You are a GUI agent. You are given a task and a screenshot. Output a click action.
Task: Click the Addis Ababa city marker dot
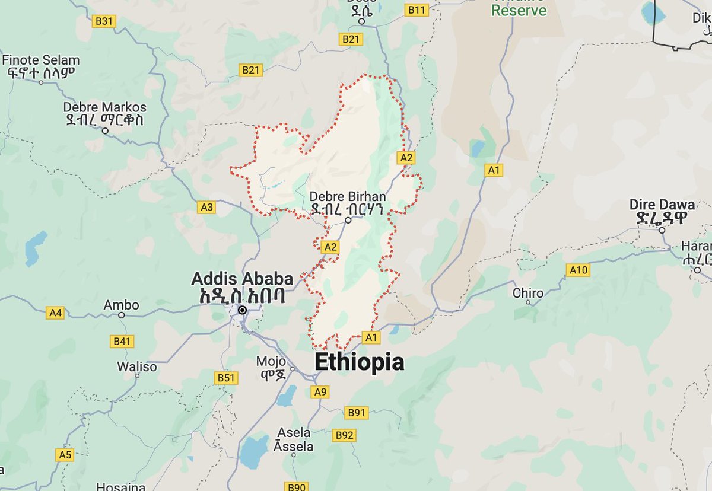tap(242, 310)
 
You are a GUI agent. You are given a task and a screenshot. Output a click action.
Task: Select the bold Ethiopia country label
tap(359, 362)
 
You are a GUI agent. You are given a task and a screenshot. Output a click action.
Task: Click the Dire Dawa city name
tap(662, 205)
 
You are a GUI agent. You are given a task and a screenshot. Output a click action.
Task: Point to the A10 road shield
tap(578, 270)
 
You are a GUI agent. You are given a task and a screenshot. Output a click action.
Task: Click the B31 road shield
tap(104, 22)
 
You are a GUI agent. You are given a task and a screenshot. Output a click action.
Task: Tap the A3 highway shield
tap(206, 207)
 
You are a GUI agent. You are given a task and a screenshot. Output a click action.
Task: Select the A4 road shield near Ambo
tap(55, 313)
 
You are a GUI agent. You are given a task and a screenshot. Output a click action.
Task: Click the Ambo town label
tap(121, 305)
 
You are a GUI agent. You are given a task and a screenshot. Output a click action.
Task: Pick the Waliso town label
tap(137, 366)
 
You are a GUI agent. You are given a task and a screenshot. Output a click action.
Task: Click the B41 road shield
tap(122, 341)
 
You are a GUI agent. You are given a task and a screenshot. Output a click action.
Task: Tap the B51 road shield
tap(226, 378)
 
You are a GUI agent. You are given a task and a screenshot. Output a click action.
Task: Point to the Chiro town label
tap(527, 293)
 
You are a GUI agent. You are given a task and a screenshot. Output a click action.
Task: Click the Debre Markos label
tap(105, 108)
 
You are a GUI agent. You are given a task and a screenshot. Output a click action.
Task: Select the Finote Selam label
tap(41, 60)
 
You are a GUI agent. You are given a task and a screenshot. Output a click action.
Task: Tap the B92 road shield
tap(344, 435)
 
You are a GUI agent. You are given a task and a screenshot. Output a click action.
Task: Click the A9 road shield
tap(320, 392)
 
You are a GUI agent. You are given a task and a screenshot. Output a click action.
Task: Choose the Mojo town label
tap(271, 361)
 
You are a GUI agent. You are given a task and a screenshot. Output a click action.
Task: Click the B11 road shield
tap(417, 9)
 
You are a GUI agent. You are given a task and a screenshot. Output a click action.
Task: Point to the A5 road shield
tap(65, 455)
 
